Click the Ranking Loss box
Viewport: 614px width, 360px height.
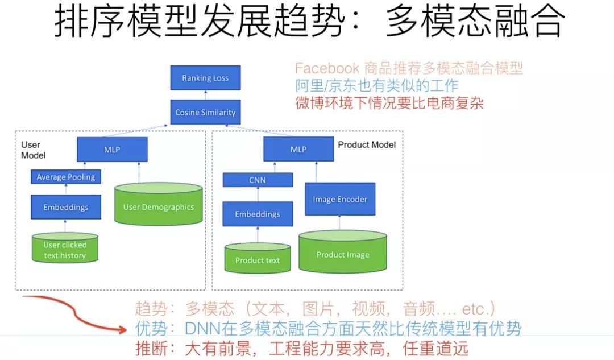point(205,78)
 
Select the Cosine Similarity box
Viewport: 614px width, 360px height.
point(205,112)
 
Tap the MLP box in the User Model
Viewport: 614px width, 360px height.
point(112,150)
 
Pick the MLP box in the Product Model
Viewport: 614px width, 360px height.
point(298,150)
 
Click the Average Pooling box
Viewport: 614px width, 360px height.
point(66,177)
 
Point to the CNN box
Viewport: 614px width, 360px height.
point(258,180)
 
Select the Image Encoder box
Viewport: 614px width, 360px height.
point(340,199)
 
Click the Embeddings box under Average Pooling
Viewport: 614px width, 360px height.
point(66,207)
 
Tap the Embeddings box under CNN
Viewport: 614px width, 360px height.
point(258,214)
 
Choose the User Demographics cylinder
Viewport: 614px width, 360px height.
point(159,206)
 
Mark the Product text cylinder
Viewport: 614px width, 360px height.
point(258,260)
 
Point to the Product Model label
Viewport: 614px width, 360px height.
point(367,144)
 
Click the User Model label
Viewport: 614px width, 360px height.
point(33,150)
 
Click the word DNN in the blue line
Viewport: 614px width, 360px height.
point(200,328)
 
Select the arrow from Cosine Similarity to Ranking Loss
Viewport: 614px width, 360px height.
point(205,95)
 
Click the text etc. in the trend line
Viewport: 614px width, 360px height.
point(477,309)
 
